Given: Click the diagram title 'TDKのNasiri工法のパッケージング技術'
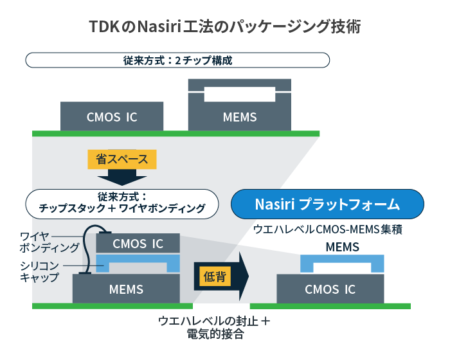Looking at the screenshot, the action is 225,27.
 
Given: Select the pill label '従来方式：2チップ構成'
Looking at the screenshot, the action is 177,60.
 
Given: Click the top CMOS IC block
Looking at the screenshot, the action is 112,116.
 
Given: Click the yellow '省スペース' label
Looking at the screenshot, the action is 122,159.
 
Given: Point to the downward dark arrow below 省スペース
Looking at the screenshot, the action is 122,177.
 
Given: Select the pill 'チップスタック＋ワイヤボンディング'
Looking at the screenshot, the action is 122,204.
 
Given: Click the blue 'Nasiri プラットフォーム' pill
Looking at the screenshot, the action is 327,204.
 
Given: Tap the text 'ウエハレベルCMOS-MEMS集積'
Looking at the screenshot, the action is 327,230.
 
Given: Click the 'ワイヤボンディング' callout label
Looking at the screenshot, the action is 49,242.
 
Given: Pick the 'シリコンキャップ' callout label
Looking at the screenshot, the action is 39,271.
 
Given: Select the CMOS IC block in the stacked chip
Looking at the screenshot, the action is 138,244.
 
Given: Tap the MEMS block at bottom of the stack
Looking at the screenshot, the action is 126,289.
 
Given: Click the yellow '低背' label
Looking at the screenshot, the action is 215,276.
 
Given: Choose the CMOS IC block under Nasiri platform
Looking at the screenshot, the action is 330,289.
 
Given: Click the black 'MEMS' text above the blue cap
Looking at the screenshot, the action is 343,247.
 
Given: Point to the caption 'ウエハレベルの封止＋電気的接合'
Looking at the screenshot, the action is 214,328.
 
